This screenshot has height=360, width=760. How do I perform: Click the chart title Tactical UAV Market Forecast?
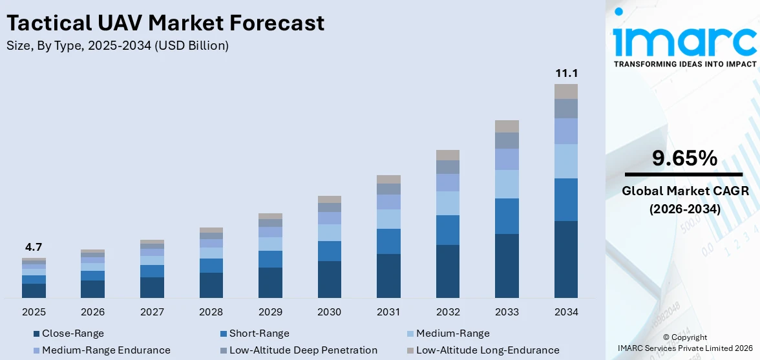click(165, 23)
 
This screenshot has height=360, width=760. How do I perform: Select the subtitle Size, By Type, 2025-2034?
click(117, 46)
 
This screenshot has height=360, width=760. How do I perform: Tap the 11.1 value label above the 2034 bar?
click(565, 73)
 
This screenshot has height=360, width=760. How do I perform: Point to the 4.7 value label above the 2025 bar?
click(34, 247)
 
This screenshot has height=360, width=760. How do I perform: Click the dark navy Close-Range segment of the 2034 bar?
click(565, 259)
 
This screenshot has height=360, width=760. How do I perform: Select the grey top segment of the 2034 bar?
click(565, 91)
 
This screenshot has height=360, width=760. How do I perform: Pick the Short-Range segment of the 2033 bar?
click(507, 216)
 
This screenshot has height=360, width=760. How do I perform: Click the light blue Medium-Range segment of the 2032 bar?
click(447, 203)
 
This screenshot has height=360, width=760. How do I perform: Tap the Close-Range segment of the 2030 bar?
click(329, 279)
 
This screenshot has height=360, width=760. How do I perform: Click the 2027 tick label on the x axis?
click(152, 312)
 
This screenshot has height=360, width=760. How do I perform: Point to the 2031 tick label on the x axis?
click(388, 312)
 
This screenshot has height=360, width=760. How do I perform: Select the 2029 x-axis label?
click(270, 312)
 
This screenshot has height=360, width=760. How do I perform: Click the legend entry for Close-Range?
click(72, 334)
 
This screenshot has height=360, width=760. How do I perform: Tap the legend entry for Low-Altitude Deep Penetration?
click(303, 350)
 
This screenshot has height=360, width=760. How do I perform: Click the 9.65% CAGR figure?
click(684, 158)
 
